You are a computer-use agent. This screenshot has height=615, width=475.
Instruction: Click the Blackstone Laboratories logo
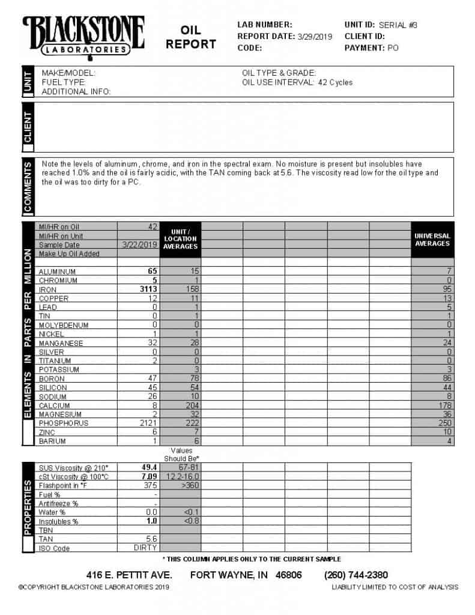[x=83, y=36]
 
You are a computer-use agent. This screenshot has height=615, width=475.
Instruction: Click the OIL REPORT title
[x=191, y=37]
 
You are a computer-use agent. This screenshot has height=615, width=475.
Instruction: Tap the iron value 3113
[x=148, y=289]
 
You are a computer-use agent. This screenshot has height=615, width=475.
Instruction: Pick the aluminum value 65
[x=153, y=271]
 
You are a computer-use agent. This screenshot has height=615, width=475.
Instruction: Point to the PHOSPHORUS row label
[x=64, y=423]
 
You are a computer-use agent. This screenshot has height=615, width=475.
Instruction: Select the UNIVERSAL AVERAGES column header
[x=432, y=240]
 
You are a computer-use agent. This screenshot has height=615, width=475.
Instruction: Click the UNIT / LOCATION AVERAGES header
[x=181, y=239]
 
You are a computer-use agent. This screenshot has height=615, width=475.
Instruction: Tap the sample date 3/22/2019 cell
[x=139, y=245]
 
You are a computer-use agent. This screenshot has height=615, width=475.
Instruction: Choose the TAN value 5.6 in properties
[x=151, y=539]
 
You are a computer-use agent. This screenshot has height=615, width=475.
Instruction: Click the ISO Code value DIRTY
[x=145, y=548]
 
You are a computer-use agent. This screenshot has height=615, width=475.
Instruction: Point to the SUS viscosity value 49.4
[x=149, y=467]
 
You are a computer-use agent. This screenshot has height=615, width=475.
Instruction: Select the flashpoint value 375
[x=150, y=485]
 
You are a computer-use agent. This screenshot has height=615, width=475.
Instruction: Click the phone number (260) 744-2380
[x=356, y=575]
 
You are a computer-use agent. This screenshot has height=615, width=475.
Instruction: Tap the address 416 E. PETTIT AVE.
[x=129, y=575]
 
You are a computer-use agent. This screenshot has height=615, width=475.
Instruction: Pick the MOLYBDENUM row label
[x=64, y=326]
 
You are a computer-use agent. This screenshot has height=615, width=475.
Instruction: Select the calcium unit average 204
[x=192, y=405]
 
